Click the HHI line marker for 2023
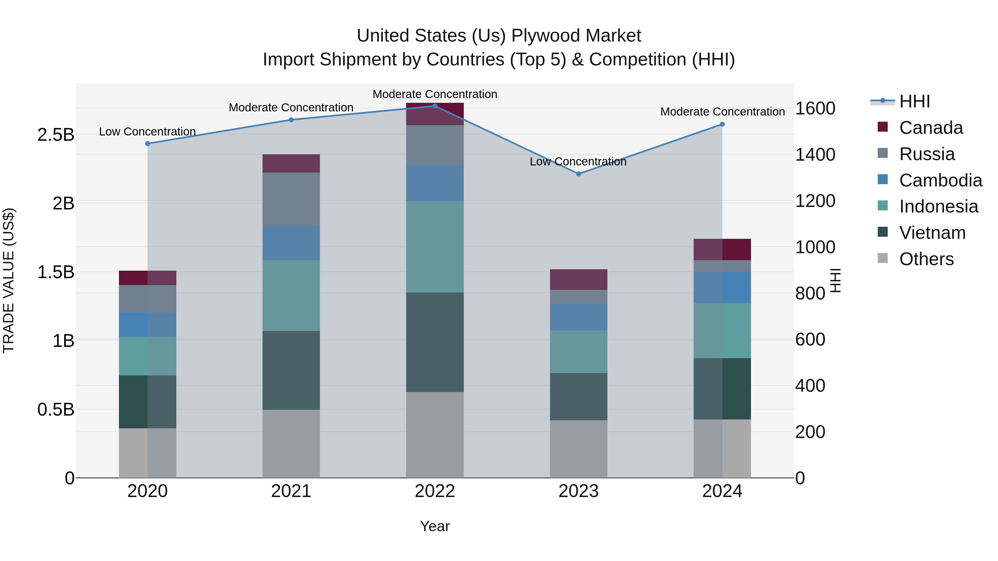(578, 174)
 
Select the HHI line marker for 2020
(147, 144)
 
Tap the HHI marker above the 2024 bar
(722, 124)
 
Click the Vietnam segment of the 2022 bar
(435, 342)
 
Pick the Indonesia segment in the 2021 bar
(291, 295)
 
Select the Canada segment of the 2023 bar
(578, 280)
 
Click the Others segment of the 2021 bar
(291, 444)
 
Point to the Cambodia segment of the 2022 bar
(435, 183)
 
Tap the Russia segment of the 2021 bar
(291, 199)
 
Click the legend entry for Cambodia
(940, 180)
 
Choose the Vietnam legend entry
(932, 233)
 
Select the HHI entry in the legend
(914, 101)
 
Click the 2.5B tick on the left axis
(56, 135)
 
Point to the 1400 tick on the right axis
(815, 155)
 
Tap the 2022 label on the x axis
(435, 491)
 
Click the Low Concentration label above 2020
(147, 132)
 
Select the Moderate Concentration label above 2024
(722, 111)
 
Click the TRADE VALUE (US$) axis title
(9, 280)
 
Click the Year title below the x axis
(435, 526)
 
